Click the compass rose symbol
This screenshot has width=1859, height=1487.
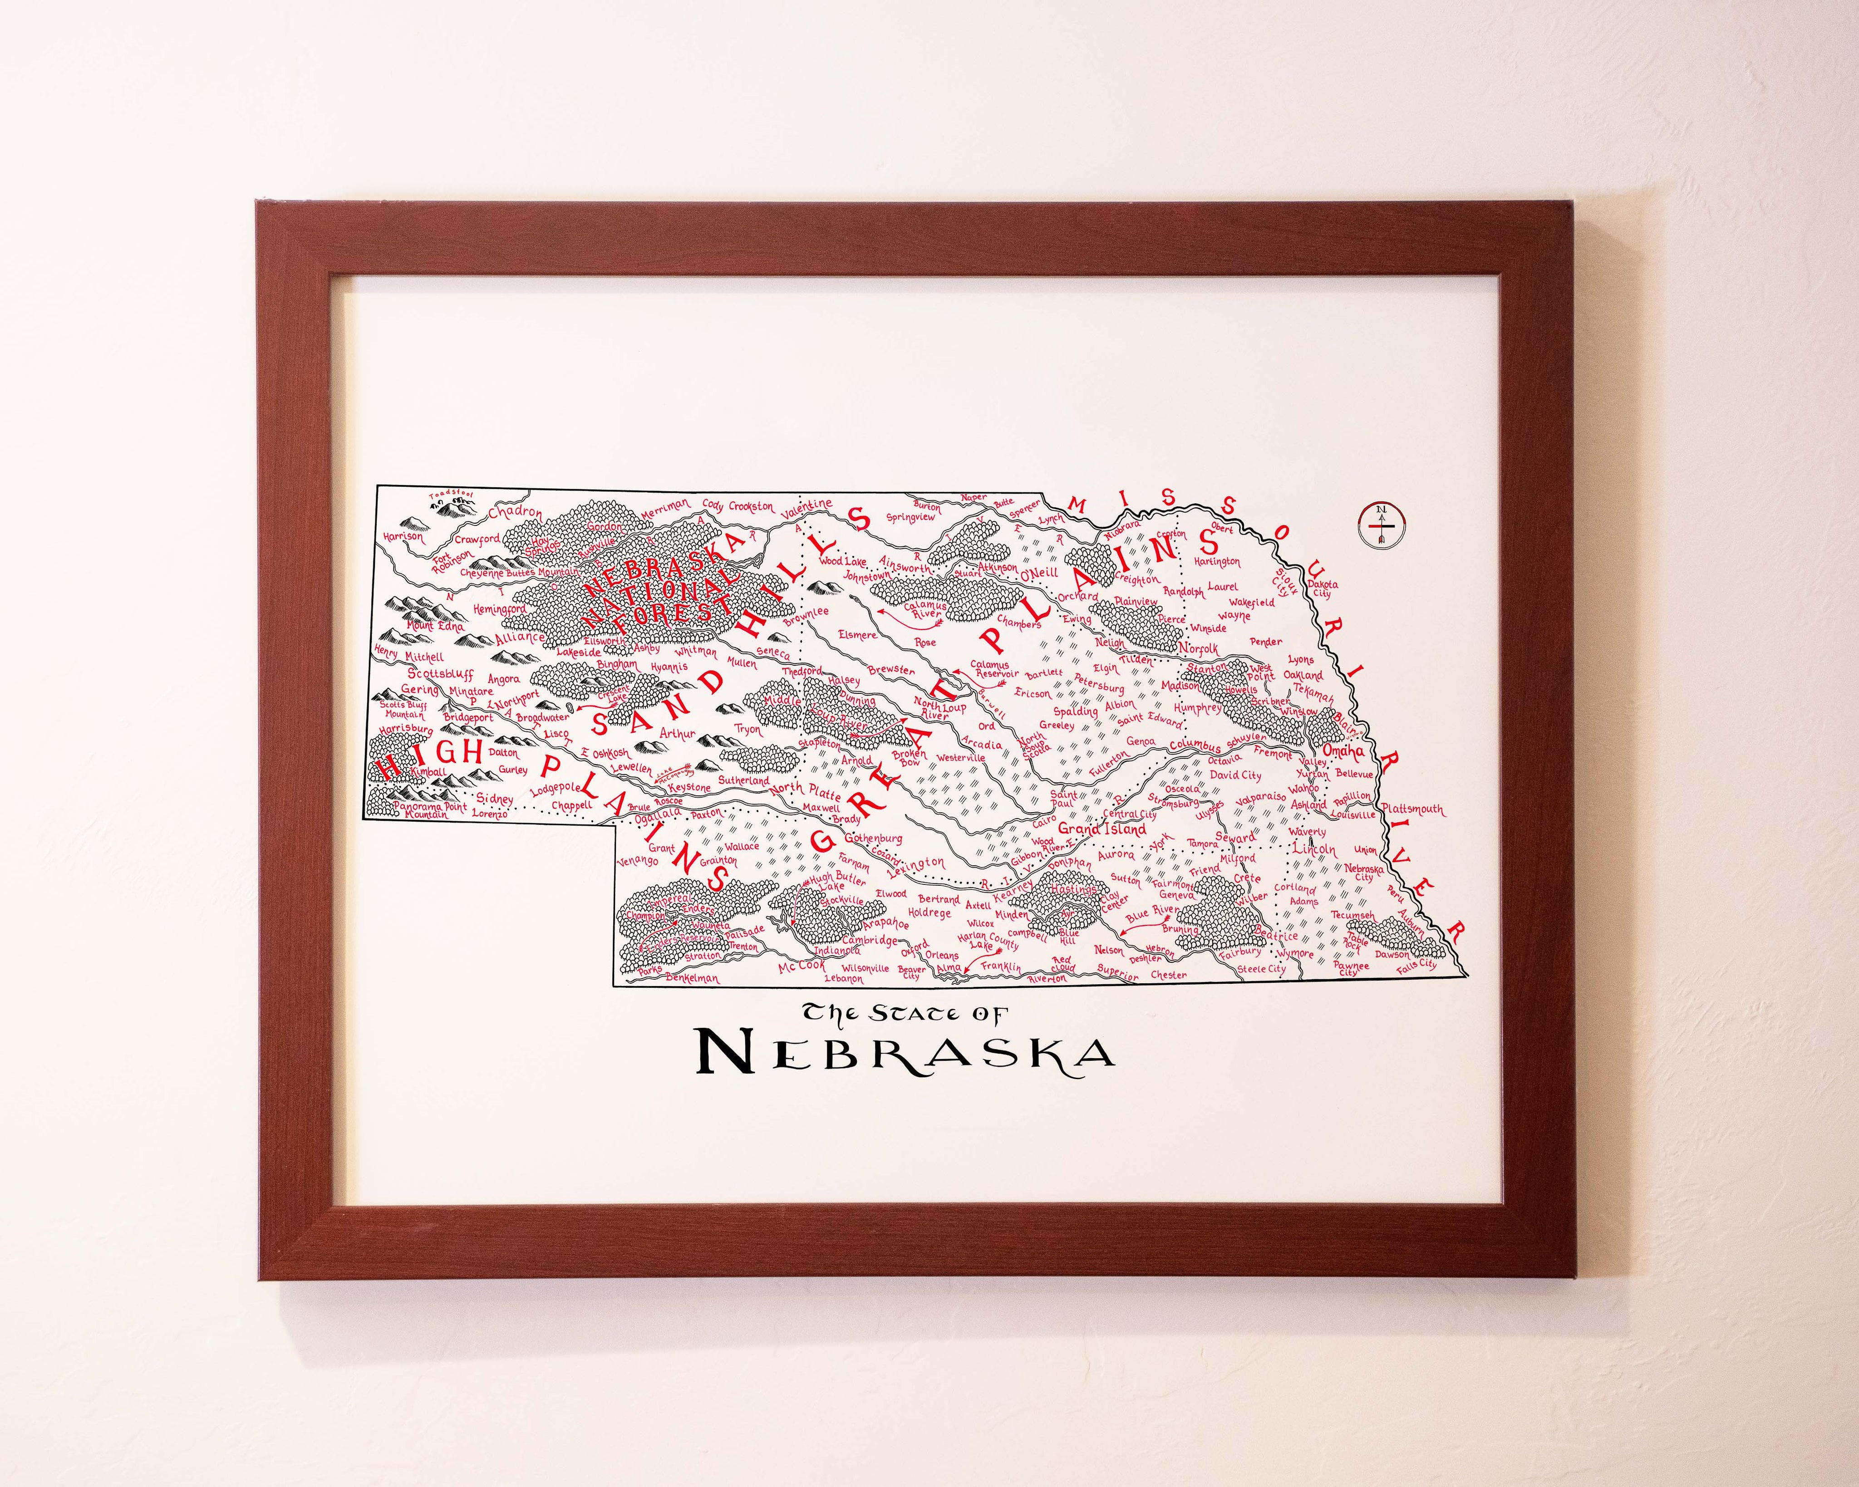pos(1382,523)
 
